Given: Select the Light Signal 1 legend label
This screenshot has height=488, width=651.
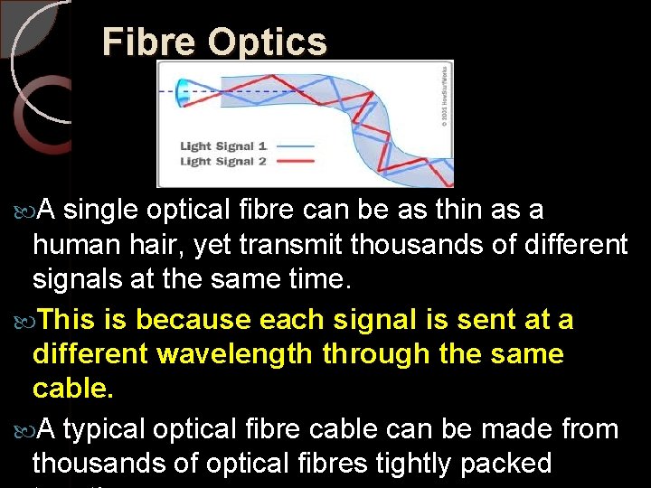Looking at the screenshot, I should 222,145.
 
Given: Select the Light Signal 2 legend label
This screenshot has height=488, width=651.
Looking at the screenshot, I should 222,161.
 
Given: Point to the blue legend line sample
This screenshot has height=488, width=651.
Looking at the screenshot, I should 293,145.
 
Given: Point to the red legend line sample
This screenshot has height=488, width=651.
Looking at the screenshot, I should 293,162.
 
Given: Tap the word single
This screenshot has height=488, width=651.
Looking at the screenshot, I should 100,211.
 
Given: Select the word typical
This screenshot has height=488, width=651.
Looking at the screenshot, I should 105,429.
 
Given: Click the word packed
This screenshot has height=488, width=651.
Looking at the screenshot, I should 506,464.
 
